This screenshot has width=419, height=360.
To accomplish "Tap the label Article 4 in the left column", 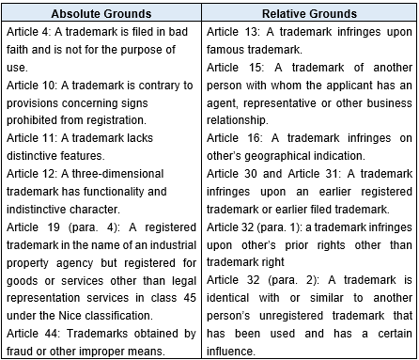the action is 24,29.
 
